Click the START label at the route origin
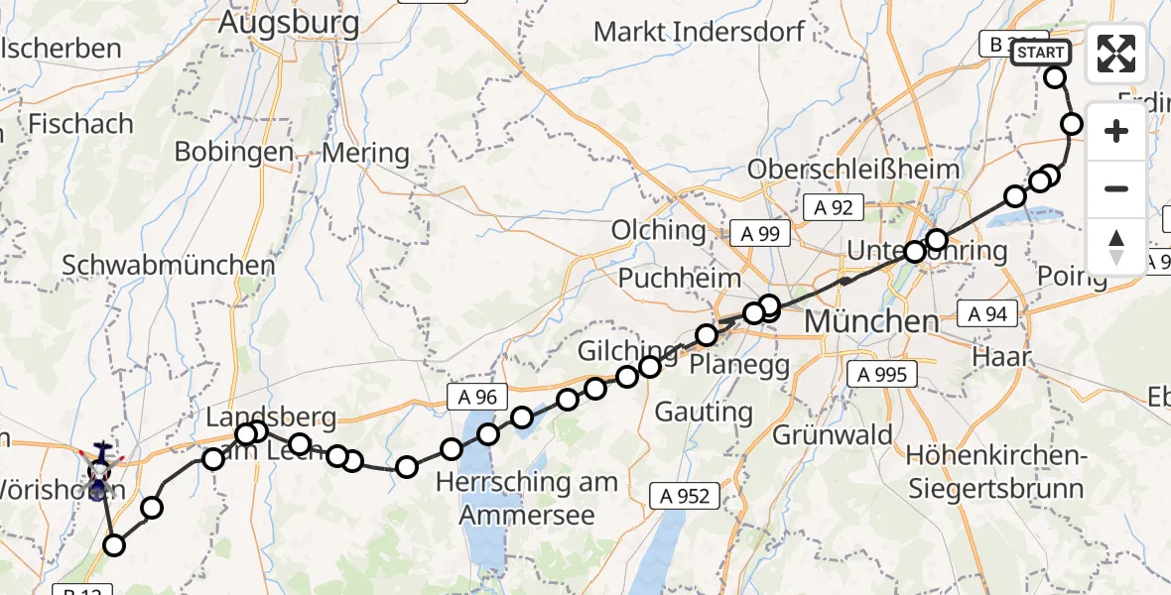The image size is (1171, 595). tap(1040, 53)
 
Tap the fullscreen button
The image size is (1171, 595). tap(1116, 54)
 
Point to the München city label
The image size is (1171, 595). tap(871, 321)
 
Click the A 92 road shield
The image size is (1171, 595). tap(834, 208)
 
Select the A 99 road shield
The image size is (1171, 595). tap(760, 234)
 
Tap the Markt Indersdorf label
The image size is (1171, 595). tap(699, 32)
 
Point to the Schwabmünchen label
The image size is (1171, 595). tap(168, 266)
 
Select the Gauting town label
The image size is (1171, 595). tap(705, 412)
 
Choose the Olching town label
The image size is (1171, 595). tap(658, 231)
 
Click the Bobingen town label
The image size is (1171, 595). tap(233, 152)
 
